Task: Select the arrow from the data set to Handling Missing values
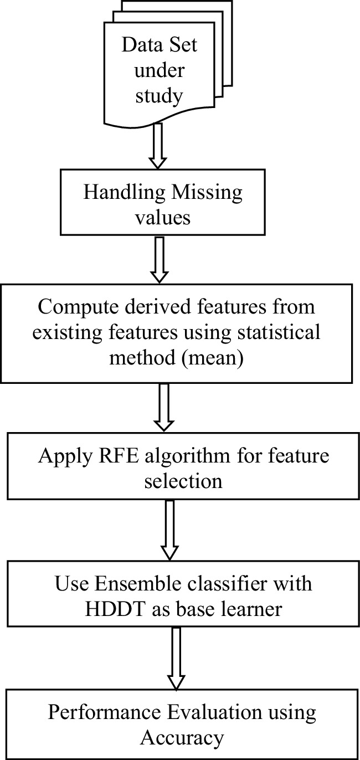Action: tap(158, 146)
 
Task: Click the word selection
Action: tap(183, 481)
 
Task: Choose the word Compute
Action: tap(72, 310)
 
